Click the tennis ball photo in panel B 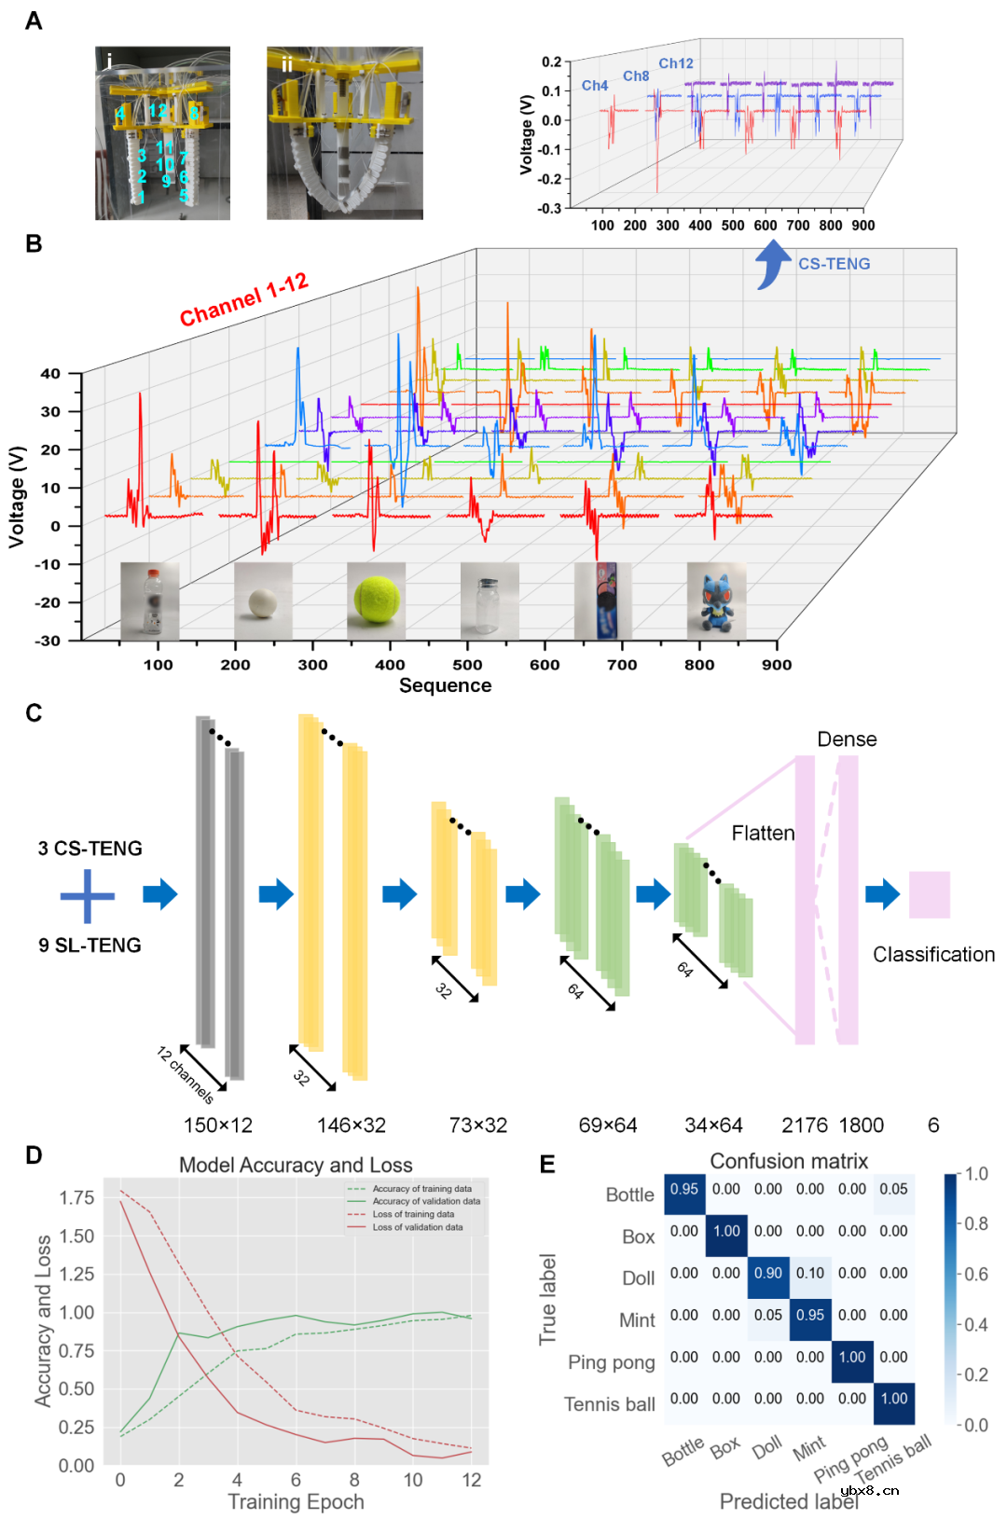376,601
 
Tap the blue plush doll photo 716,601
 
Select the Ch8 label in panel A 636,76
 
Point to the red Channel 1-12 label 243,299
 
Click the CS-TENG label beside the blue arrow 834,264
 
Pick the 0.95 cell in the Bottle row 684,1190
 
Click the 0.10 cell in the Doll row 810,1274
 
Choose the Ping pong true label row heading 611,1362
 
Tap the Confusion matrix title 789,1161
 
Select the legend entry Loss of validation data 417,1227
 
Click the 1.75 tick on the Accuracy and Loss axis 76,1197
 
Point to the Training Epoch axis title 296,1501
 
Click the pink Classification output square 929,895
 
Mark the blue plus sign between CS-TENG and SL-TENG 88,896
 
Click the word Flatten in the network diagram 763,833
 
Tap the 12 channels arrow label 185,1074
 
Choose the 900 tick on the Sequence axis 777,665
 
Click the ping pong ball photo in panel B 262,601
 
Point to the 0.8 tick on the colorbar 976,1223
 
